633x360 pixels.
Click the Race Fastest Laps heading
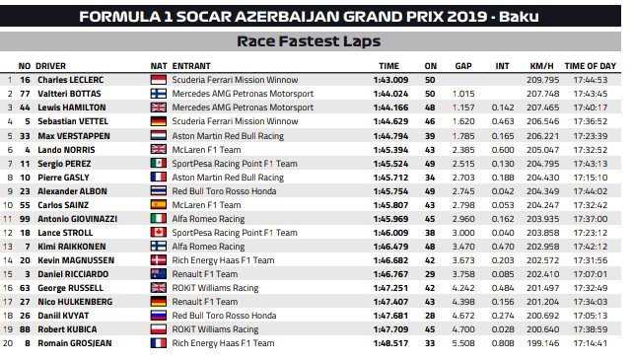pos(310,41)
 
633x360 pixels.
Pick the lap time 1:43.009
pos(393,79)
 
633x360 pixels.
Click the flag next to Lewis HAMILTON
pos(158,107)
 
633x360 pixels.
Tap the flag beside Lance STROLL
pos(158,231)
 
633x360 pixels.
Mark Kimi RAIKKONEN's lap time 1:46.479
pos(393,245)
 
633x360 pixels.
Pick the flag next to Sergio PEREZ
pos(158,162)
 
